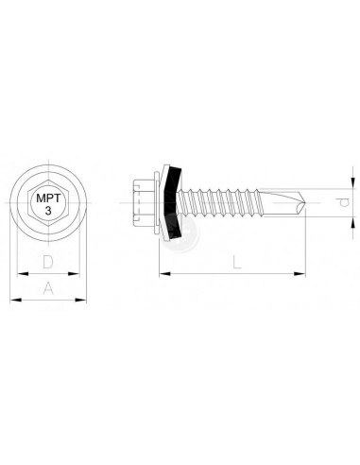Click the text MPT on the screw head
coord(48,198)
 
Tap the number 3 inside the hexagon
coord(48,211)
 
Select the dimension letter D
coord(48,262)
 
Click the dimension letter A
coord(48,288)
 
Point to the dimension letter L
coord(236,262)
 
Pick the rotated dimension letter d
coord(345,202)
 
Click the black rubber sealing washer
coord(173,202)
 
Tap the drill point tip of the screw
coord(304,202)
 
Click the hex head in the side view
coord(144,202)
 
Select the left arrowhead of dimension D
coord(23,274)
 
